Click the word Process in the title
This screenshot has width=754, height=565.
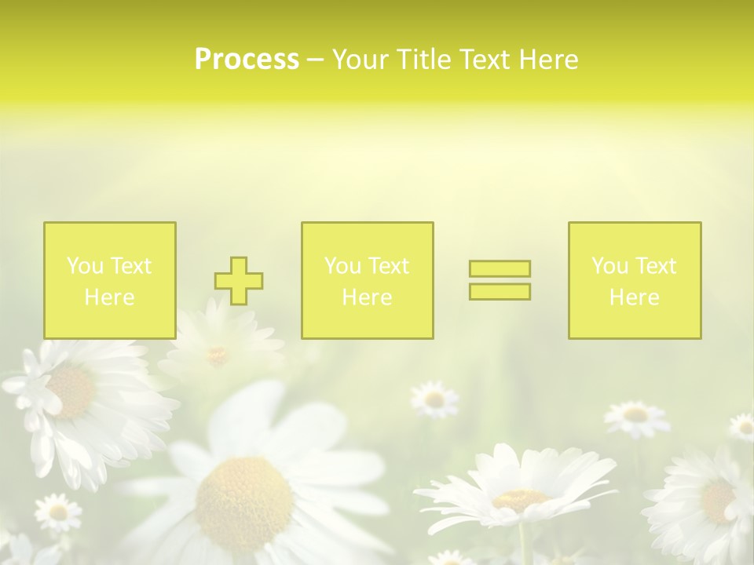point(247,60)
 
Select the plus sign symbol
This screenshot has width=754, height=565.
point(239,281)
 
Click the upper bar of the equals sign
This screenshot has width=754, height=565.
point(500,268)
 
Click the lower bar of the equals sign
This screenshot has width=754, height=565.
point(500,292)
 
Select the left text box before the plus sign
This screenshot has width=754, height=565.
point(110,280)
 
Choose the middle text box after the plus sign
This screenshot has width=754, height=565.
point(367,280)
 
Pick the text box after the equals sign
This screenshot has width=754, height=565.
point(635,280)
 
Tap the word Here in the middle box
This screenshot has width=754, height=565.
point(367,297)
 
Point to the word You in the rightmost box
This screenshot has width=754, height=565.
point(609,266)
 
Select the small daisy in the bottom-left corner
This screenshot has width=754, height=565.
point(57,512)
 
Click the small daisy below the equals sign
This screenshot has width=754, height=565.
point(434,399)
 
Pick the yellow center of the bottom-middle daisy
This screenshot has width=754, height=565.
point(520,499)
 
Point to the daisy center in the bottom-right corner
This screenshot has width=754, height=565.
point(716,499)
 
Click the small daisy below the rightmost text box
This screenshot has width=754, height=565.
point(636,415)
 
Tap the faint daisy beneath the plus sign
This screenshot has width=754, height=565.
point(218,355)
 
